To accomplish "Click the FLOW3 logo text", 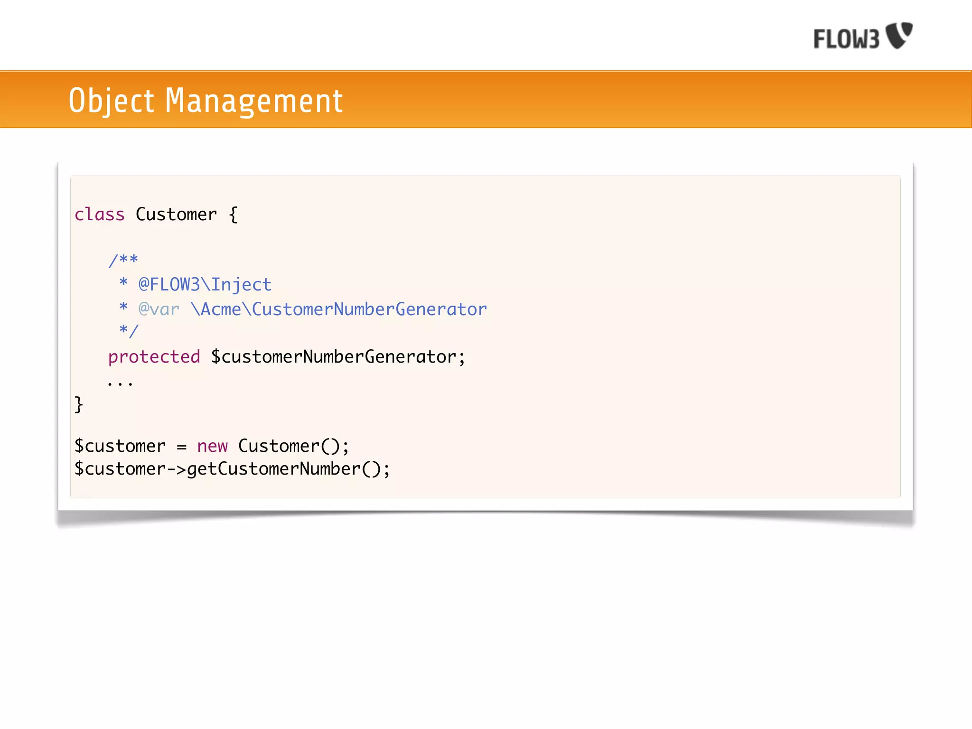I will tap(846, 39).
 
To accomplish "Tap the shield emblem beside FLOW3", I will tap(900, 35).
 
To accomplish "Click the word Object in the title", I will tap(112, 101).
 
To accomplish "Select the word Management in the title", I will tap(254, 101).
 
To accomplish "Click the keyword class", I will tap(100, 215).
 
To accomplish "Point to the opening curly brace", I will tap(233, 215).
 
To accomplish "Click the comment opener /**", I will tap(123, 260).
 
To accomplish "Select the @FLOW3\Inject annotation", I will tap(205, 285).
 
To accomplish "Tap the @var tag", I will tap(159, 309).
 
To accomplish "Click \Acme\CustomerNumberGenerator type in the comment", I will tap(339, 309).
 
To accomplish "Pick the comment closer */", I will tap(129, 330).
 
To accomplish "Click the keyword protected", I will tap(154, 357).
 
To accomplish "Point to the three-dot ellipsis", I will tap(120, 383).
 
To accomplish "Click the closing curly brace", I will tap(79, 404).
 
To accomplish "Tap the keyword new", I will tap(213, 446).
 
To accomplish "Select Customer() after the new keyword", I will tap(293, 446).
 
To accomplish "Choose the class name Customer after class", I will tap(177, 215).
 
